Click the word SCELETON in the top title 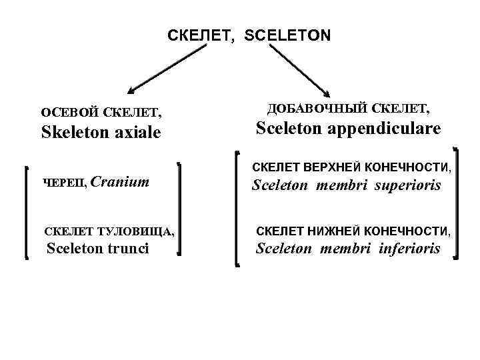pos(287,35)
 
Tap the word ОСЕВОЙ pos(69,111)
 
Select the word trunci pos(129,249)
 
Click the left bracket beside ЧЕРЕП pos(27,211)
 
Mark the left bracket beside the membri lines pos(239,208)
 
